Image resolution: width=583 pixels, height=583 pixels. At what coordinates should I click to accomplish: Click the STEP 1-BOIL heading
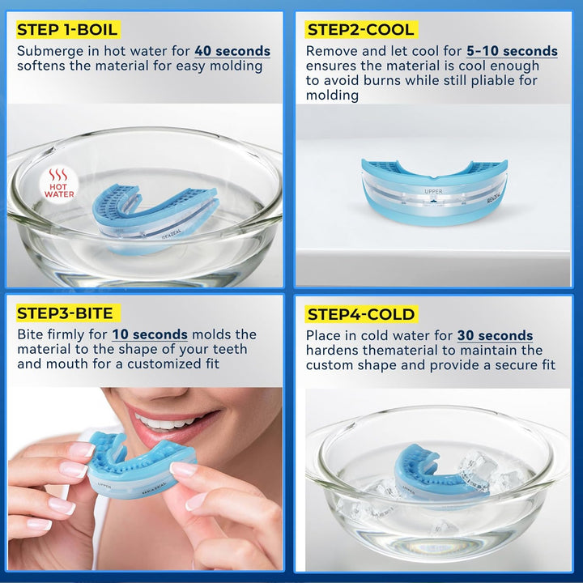tap(67, 31)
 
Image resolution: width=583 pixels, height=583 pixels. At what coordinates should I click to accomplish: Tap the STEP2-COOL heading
tap(360, 31)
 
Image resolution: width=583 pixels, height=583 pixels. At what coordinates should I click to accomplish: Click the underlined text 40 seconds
tap(232, 51)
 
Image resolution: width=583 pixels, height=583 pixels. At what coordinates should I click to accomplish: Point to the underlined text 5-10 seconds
tap(512, 51)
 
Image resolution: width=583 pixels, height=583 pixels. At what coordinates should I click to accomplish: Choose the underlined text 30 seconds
tap(495, 335)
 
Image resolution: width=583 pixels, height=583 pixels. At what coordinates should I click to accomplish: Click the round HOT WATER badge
tap(58, 183)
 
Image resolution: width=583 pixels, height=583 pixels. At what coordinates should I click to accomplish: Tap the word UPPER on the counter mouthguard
tap(434, 192)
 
